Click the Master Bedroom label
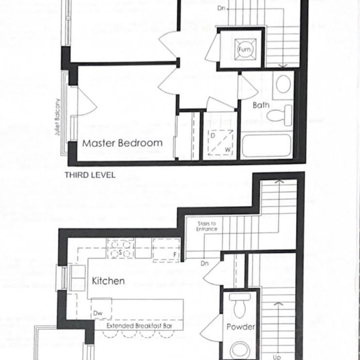pyautogui.click(x=122, y=143)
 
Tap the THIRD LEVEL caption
pyautogui.click(x=90, y=175)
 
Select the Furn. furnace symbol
pyautogui.click(x=244, y=49)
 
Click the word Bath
pyautogui.click(x=261, y=105)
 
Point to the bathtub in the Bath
pyautogui.click(x=266, y=145)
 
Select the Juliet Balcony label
pyautogui.click(x=57, y=117)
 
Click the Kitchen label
pyautogui.click(x=108, y=281)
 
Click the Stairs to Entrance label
pyautogui.click(x=207, y=226)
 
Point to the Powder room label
pyautogui.click(x=240, y=327)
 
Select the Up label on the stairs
pyautogui.click(x=277, y=357)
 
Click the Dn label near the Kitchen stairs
pyautogui.click(x=204, y=264)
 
